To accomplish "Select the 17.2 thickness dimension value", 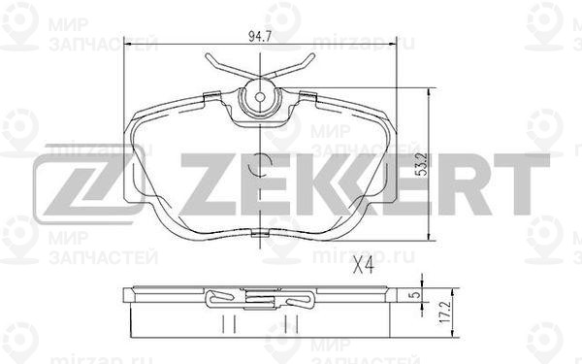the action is [x=446, y=314].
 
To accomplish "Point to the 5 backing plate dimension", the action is [x=416, y=294].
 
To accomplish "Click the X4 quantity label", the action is [x=364, y=266].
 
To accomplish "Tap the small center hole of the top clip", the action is [x=260, y=97].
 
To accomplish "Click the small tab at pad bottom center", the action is [x=260, y=234].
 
